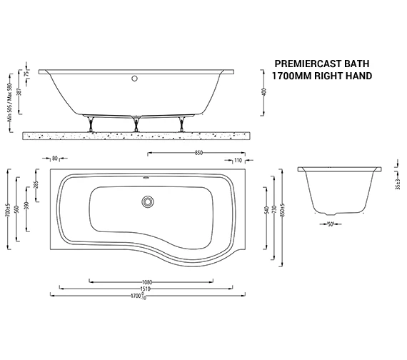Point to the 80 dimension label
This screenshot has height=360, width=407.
[54, 159]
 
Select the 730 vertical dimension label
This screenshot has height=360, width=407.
[275, 207]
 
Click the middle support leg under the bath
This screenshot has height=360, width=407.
[136, 122]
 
